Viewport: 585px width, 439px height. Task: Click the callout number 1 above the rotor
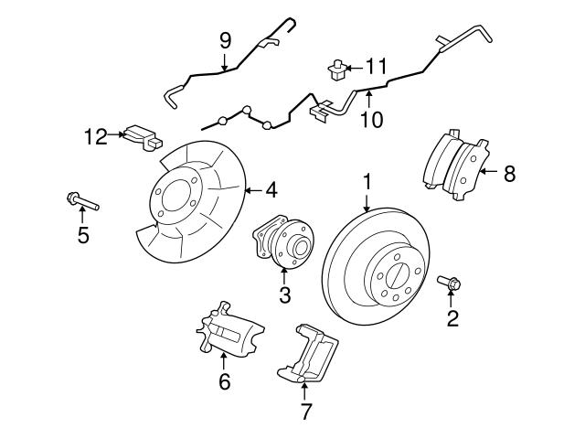[x=367, y=181]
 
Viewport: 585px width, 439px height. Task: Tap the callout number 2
[x=452, y=318]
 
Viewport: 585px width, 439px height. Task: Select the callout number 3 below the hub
[x=284, y=294]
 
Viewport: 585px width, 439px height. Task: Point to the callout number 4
[x=271, y=190]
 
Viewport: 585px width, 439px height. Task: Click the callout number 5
[x=83, y=235]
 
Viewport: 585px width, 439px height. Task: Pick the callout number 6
[x=224, y=381]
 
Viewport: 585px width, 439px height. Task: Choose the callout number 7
[x=305, y=411]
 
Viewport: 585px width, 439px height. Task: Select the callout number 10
[x=369, y=118]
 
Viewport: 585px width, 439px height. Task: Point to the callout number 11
[x=377, y=66]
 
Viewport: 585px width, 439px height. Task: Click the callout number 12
[x=96, y=136]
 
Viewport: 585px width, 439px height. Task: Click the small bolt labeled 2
[x=450, y=284]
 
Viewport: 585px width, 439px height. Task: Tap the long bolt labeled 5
[x=81, y=199]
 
